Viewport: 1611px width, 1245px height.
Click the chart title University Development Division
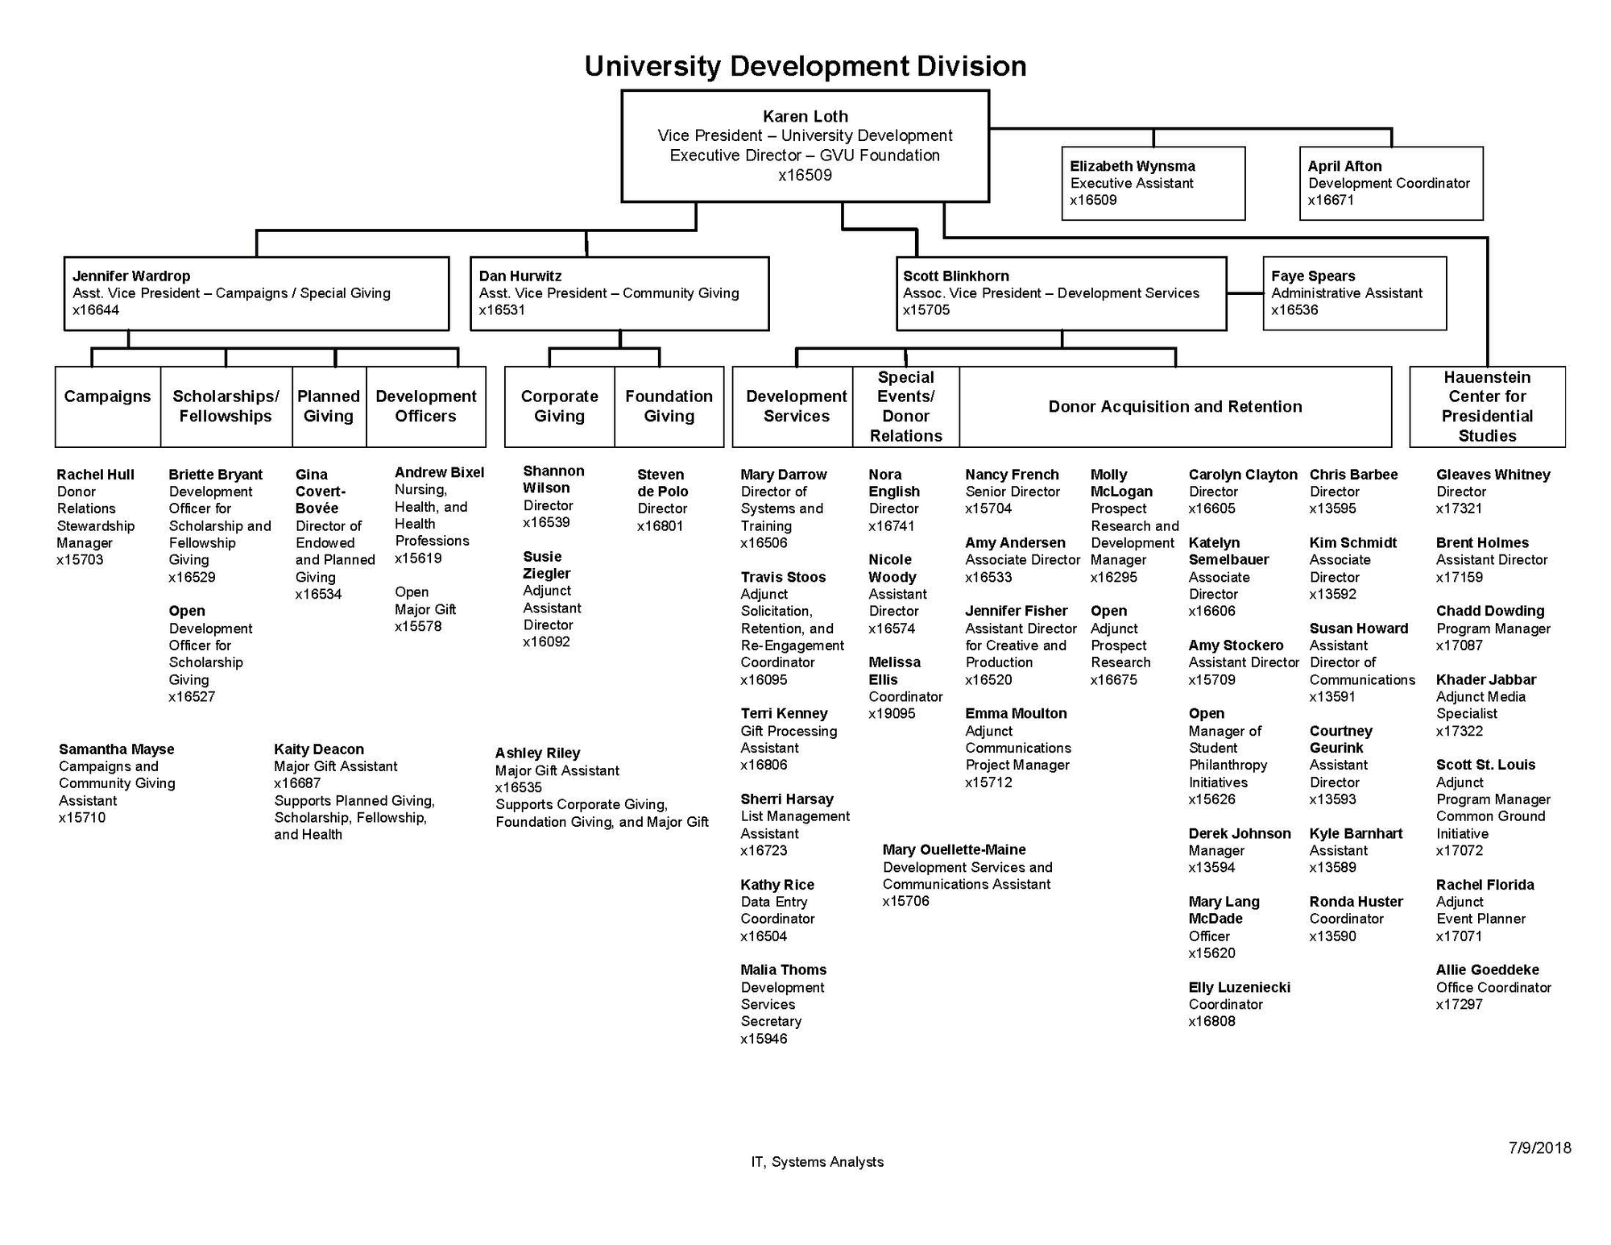point(805,66)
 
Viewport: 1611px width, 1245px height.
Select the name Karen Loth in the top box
point(805,117)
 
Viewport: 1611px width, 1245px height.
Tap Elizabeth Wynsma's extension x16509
point(1093,201)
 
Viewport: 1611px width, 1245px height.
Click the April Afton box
point(1390,183)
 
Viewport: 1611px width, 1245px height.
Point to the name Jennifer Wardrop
point(131,276)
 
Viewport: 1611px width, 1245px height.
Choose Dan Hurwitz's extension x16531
point(502,310)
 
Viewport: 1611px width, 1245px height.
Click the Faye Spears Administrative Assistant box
point(1354,293)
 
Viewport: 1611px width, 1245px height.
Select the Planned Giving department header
point(329,406)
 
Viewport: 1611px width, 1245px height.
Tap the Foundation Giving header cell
point(669,406)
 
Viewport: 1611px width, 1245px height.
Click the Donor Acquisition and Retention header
point(1174,406)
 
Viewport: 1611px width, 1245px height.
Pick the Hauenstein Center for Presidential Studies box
point(1487,406)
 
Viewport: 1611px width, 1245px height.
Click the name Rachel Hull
point(95,475)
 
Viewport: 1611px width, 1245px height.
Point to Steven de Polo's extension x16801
point(660,526)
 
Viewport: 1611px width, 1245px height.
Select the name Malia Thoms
point(783,970)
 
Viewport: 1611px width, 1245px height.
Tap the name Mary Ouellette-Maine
point(954,850)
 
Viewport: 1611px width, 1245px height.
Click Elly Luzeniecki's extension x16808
point(1211,1022)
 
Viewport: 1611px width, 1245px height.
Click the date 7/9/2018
point(1539,1148)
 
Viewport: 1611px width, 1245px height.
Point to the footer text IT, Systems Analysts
point(817,1162)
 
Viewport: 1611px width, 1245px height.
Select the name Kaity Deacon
point(318,749)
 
